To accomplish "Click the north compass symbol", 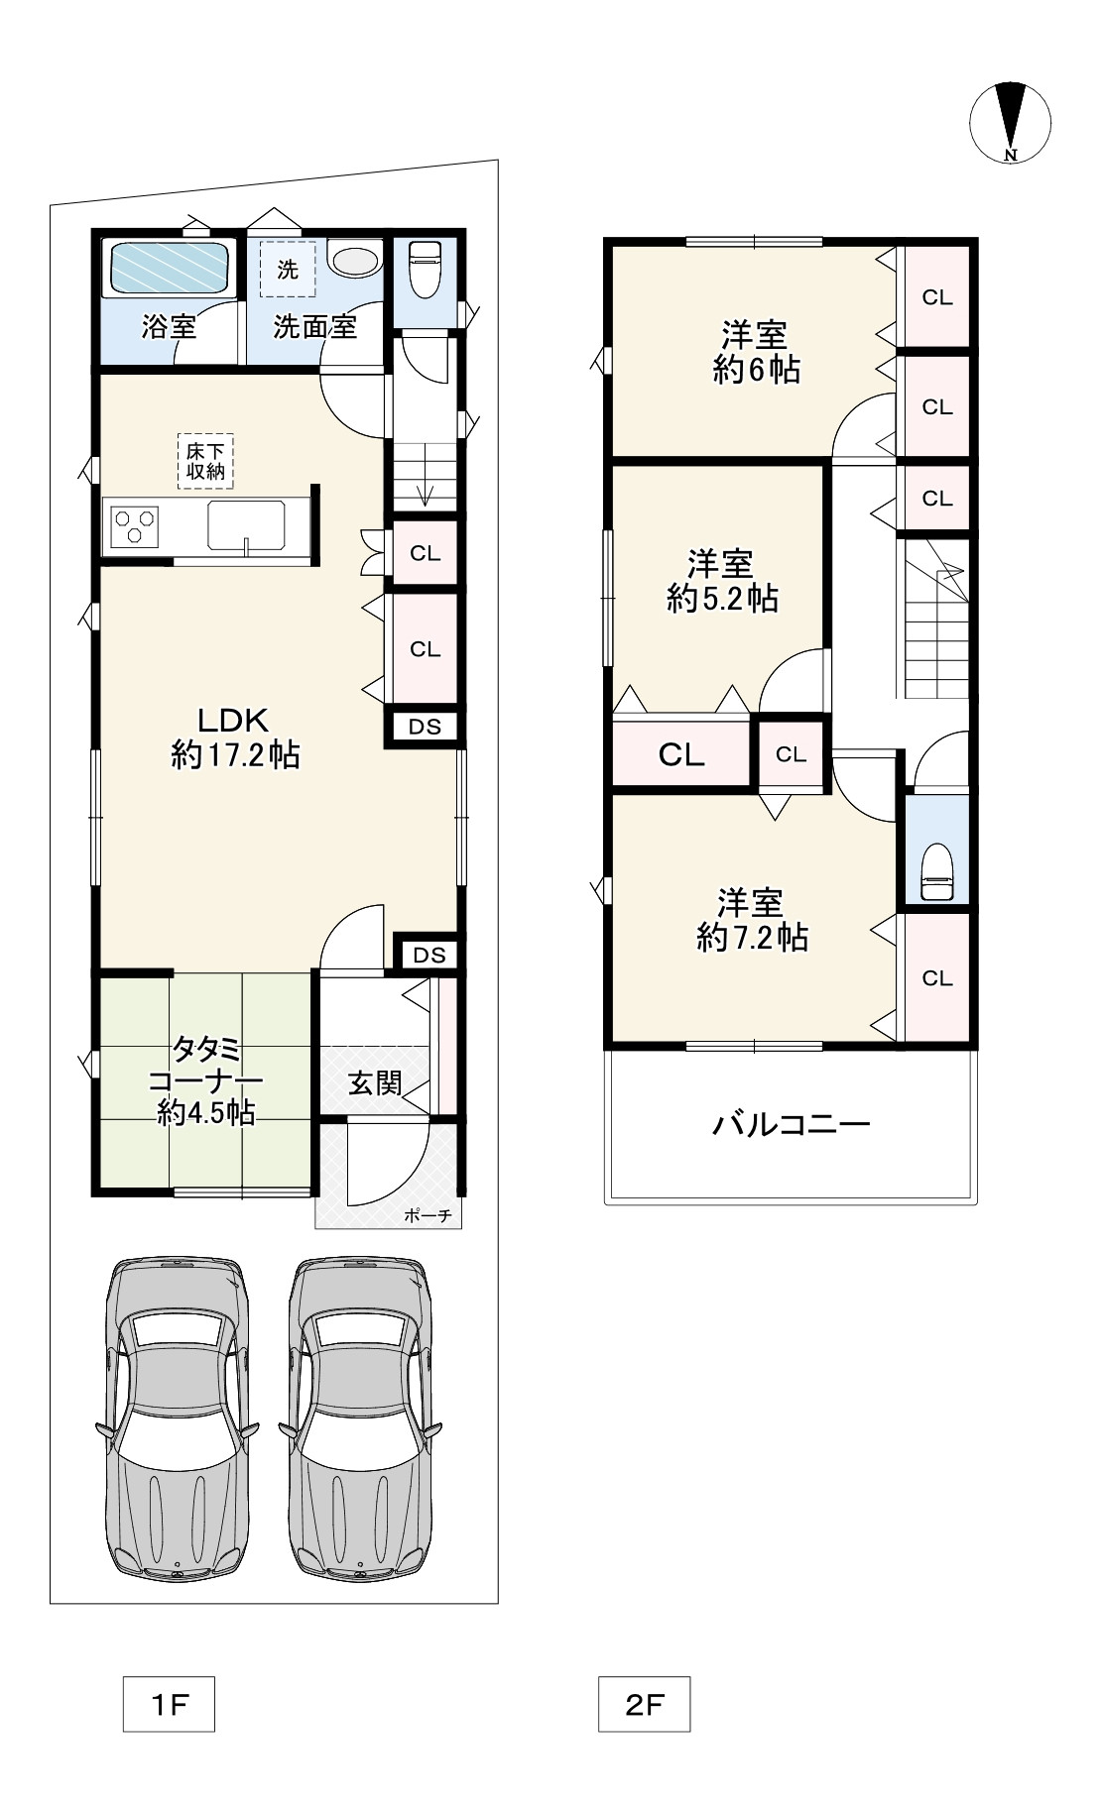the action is pos(1010,121).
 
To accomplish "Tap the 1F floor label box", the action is pos(169,1703).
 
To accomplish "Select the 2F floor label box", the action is pos(644,1703).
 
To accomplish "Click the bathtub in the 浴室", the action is pos(169,267).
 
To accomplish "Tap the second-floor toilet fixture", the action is pos(936,871).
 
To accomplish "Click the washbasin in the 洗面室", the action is pos(355,261).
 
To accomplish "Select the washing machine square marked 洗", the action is pos(288,269).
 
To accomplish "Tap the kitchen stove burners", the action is pos(135,525).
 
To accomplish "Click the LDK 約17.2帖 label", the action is pos(235,737).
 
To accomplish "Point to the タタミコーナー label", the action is pos(205,1079).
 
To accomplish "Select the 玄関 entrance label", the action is pos(375,1083).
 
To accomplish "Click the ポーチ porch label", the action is pos(428,1215).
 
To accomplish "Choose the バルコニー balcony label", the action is pos(792,1124).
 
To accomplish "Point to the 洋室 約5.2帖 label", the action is pos(722,582).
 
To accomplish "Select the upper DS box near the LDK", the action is pos(426,727).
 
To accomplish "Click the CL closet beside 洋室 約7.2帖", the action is pos(936,978).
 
